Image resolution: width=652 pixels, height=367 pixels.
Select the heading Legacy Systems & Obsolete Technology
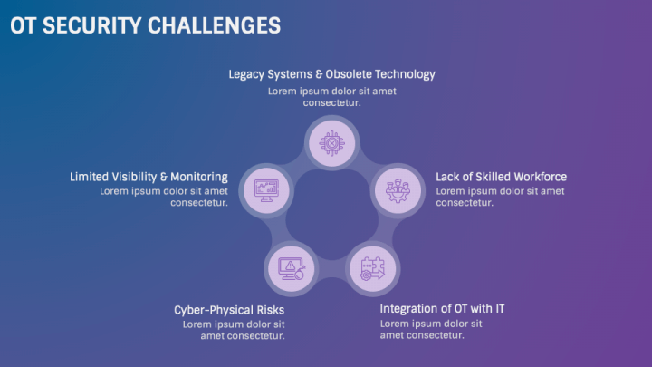coord(331,73)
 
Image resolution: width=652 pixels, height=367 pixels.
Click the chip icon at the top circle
coord(332,142)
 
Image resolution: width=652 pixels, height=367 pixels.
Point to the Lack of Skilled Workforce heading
coord(501,177)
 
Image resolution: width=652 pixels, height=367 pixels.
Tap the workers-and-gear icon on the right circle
coord(398,189)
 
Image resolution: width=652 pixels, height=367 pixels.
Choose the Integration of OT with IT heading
coord(442,308)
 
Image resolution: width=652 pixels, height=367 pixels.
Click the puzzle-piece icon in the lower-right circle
coord(372,268)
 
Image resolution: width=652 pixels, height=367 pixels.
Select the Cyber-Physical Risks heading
coord(229,309)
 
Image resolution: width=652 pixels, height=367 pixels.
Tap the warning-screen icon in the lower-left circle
coord(292,268)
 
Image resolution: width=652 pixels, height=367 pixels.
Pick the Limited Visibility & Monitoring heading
coord(149,177)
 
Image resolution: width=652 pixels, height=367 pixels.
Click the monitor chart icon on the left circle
coord(267,189)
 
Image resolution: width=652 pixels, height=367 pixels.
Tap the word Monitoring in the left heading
coord(198,177)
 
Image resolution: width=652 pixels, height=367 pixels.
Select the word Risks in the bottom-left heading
coord(268,309)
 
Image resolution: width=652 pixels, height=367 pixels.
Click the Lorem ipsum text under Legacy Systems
coord(331,97)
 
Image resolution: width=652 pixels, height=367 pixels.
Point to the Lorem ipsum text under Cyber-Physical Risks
coord(234,329)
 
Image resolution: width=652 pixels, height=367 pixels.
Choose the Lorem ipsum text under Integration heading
coord(431,329)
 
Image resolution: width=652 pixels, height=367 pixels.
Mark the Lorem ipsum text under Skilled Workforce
coord(500,197)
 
